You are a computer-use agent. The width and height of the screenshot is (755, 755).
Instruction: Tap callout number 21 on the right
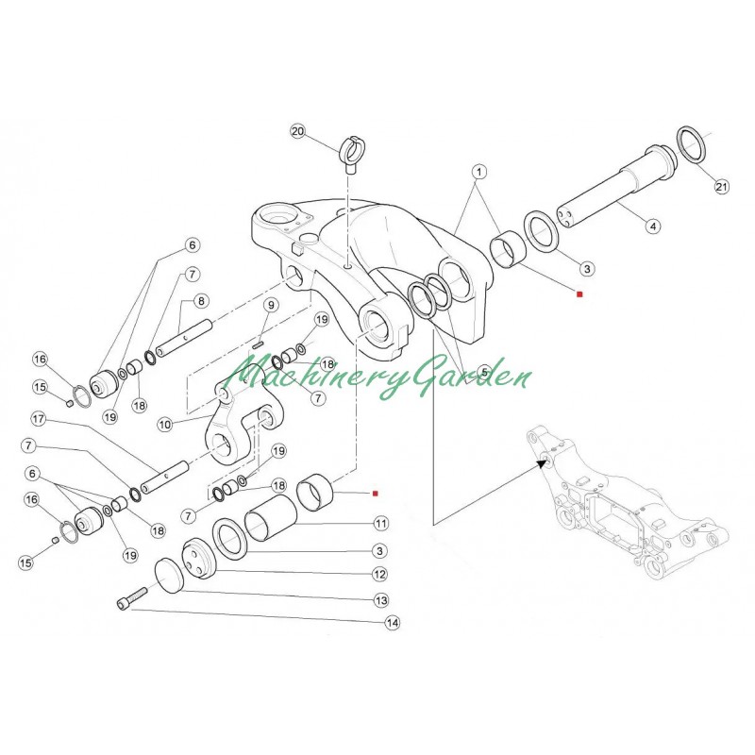[722, 188]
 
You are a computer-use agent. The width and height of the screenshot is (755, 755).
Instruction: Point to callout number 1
[479, 173]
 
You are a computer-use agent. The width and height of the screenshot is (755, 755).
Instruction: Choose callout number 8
[201, 301]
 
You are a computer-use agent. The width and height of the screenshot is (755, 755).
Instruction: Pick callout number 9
[269, 305]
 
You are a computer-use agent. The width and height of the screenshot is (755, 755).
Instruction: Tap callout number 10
[164, 425]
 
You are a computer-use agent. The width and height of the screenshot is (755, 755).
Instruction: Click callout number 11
[381, 522]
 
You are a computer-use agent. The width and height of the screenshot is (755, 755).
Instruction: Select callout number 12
[381, 572]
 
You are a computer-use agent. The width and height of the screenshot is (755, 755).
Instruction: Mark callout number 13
[381, 598]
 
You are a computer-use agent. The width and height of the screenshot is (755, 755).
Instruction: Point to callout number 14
[390, 623]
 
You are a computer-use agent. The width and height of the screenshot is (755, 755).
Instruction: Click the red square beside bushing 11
[375, 493]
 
